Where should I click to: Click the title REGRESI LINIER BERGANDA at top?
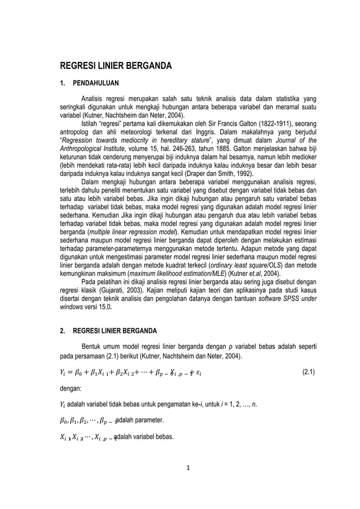tap(116, 65)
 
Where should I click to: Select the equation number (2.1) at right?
tap(309, 372)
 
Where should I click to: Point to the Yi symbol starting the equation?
tap(63, 372)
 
